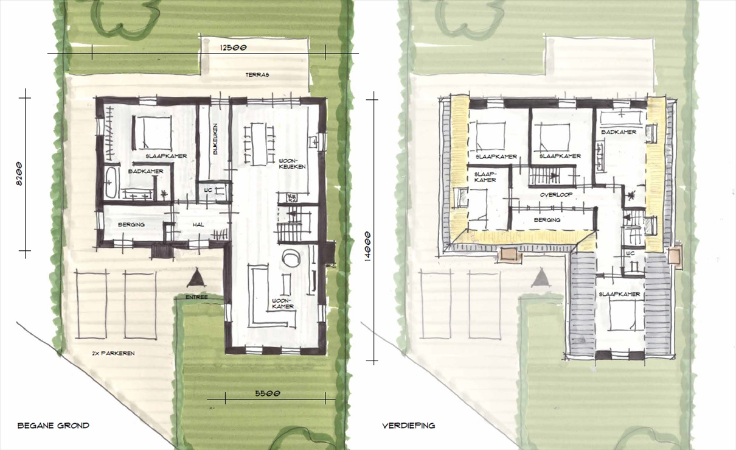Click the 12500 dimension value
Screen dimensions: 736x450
pos(233,47)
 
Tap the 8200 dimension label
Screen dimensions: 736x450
pos(19,174)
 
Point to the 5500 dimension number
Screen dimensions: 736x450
pos(268,393)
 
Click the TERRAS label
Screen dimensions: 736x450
pos(257,75)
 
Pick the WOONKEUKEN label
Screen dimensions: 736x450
pos(292,164)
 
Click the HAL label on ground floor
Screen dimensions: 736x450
pos(198,225)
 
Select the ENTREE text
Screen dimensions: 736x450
pos(196,297)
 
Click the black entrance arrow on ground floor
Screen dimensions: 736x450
pos(196,278)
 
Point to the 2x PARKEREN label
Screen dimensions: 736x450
pos(113,353)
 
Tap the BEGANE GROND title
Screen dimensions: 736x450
pos(54,426)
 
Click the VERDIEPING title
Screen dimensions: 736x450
pos(408,426)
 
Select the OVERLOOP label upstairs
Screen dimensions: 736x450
pos(556,195)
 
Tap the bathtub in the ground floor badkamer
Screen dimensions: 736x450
pos(111,183)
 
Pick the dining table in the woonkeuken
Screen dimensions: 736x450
pos(260,144)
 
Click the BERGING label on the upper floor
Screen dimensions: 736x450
pos(547,220)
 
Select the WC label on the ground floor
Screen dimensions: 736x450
pos(208,190)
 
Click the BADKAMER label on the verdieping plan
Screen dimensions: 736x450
pos(619,132)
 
